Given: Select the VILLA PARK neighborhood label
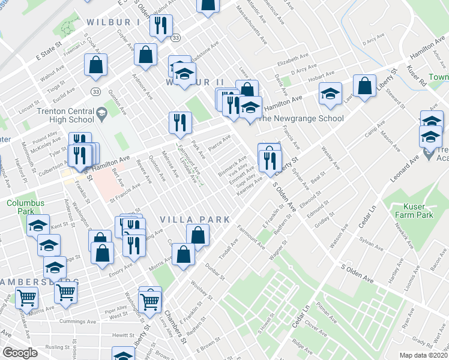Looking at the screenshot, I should (x=194, y=220).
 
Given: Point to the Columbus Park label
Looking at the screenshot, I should (x=26, y=207).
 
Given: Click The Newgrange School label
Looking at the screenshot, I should (x=300, y=118).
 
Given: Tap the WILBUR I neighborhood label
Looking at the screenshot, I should (x=113, y=22).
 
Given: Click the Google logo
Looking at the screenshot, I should (x=20, y=353).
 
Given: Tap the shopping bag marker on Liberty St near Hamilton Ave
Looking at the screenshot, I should (x=364, y=86).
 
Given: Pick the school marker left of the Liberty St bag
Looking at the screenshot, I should (x=330, y=93).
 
